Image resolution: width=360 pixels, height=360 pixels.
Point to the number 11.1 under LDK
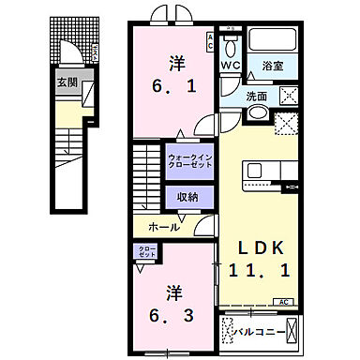point(260,271)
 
